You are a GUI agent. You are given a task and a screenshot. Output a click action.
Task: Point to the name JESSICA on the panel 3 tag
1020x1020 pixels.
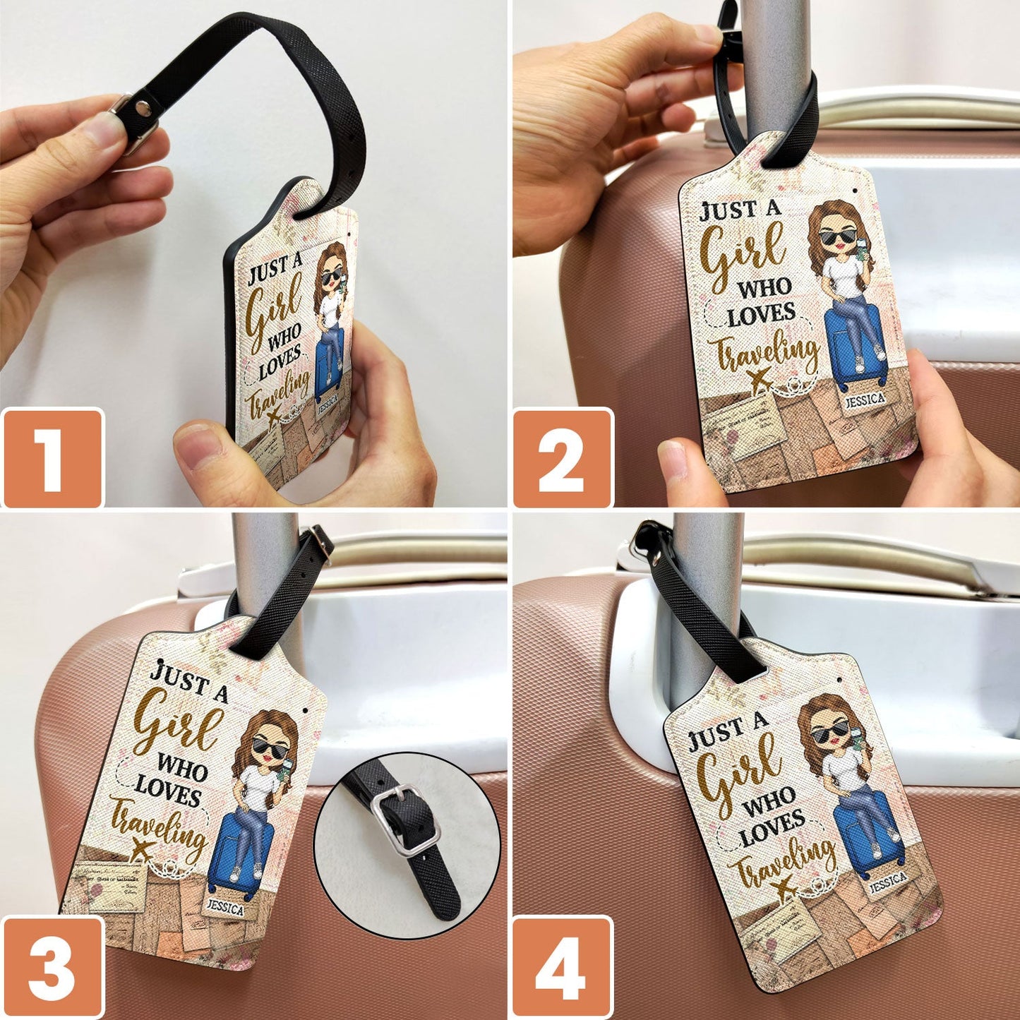(x=225, y=908)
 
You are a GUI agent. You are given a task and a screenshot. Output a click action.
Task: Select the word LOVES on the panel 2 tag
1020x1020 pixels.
(x=762, y=314)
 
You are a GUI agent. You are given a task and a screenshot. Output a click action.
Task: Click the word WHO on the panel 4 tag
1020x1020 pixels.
(x=769, y=803)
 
